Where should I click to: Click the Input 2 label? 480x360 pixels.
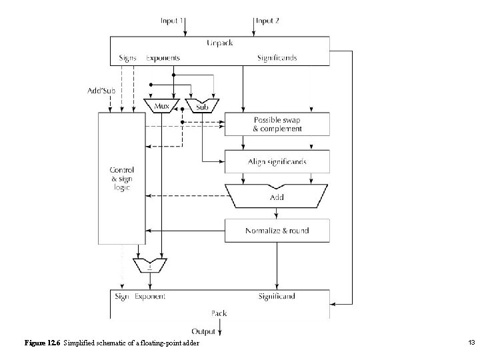267,21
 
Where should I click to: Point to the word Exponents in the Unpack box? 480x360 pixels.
163,57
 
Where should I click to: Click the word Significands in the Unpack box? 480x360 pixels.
277,57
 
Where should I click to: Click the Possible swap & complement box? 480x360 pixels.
277,123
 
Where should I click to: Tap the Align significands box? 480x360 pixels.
277,161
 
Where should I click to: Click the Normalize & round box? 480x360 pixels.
277,231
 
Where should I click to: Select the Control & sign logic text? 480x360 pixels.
122,179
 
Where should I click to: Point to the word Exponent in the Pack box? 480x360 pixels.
150,296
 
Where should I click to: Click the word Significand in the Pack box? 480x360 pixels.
277,296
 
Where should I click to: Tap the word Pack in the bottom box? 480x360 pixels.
219,312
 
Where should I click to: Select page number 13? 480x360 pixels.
471,343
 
